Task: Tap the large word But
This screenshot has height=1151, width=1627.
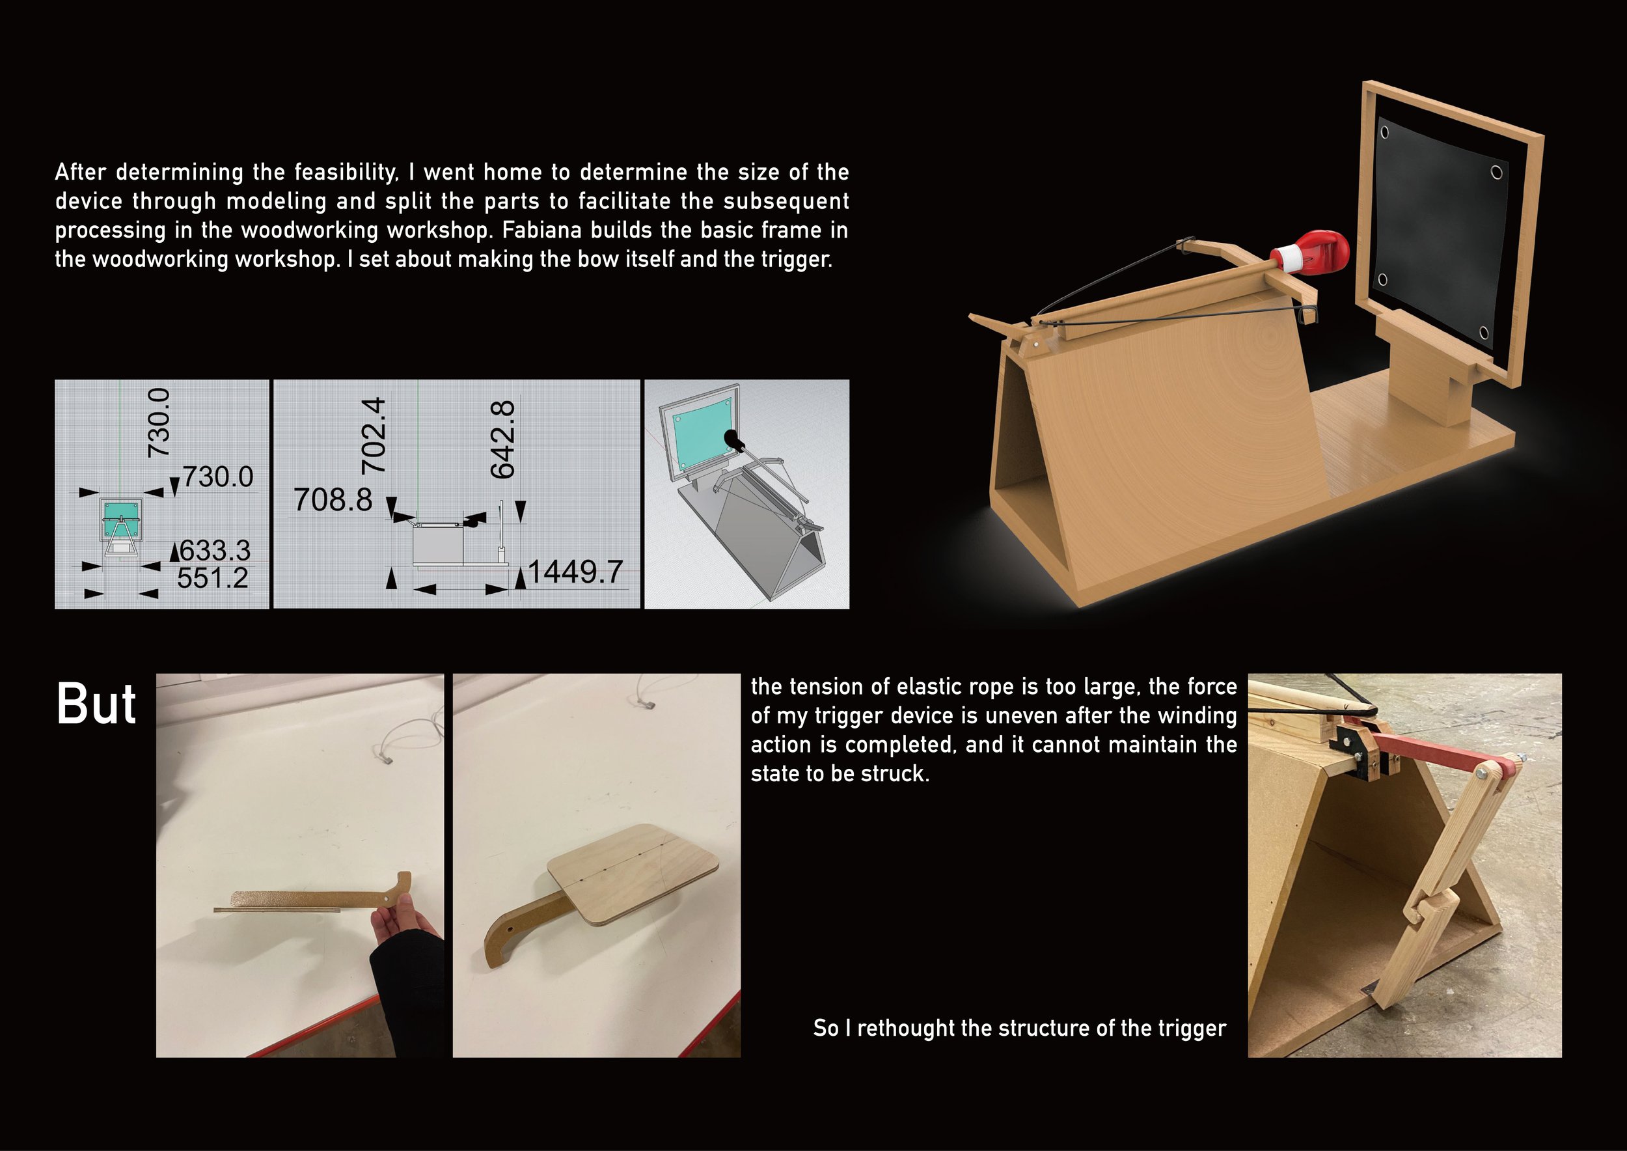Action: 96,704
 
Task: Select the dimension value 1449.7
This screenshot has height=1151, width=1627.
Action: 575,572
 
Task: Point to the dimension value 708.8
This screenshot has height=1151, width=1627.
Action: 333,500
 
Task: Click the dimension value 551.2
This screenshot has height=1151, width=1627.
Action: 213,578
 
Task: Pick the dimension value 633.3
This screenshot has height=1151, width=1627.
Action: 215,550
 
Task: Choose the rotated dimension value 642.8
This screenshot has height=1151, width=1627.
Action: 502,439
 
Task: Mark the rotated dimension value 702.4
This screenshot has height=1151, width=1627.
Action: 374,435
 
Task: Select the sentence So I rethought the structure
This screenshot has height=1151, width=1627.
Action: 1019,1028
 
